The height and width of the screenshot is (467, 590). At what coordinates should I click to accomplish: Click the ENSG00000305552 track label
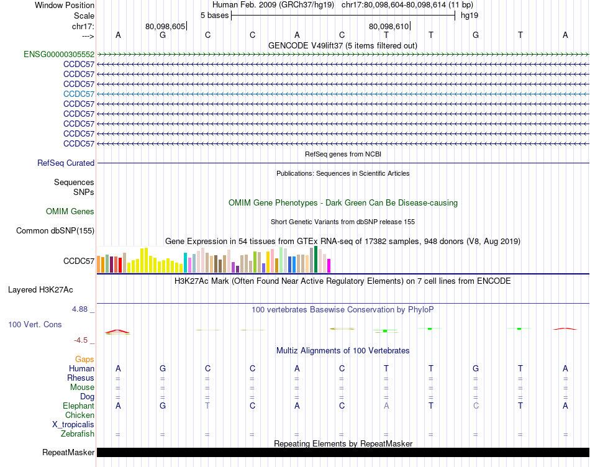[x=59, y=54]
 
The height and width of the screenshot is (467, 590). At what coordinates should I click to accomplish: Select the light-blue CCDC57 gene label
[x=79, y=94]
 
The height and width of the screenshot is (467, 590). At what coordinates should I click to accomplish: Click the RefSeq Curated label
[x=66, y=163]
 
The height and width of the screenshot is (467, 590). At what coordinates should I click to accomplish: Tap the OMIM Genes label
[x=70, y=211]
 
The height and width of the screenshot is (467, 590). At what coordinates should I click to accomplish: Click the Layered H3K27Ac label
[x=49, y=289]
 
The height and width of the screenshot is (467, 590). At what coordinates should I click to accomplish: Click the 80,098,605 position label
[x=165, y=26]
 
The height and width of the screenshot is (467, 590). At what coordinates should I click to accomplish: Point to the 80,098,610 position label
[x=389, y=26]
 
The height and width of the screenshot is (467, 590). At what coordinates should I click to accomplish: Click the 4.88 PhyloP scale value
[x=82, y=309]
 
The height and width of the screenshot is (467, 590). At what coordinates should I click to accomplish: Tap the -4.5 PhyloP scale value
[x=84, y=340]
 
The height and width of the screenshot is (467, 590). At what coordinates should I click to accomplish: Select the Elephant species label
[x=79, y=406]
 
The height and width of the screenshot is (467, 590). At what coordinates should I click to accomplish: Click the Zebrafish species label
[x=78, y=433]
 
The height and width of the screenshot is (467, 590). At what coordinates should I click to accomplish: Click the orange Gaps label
[x=84, y=359]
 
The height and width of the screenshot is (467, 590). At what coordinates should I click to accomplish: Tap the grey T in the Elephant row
[x=207, y=406]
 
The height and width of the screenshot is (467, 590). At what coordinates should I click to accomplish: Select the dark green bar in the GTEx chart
[x=315, y=260]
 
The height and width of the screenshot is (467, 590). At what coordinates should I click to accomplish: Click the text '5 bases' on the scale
[x=214, y=14]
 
